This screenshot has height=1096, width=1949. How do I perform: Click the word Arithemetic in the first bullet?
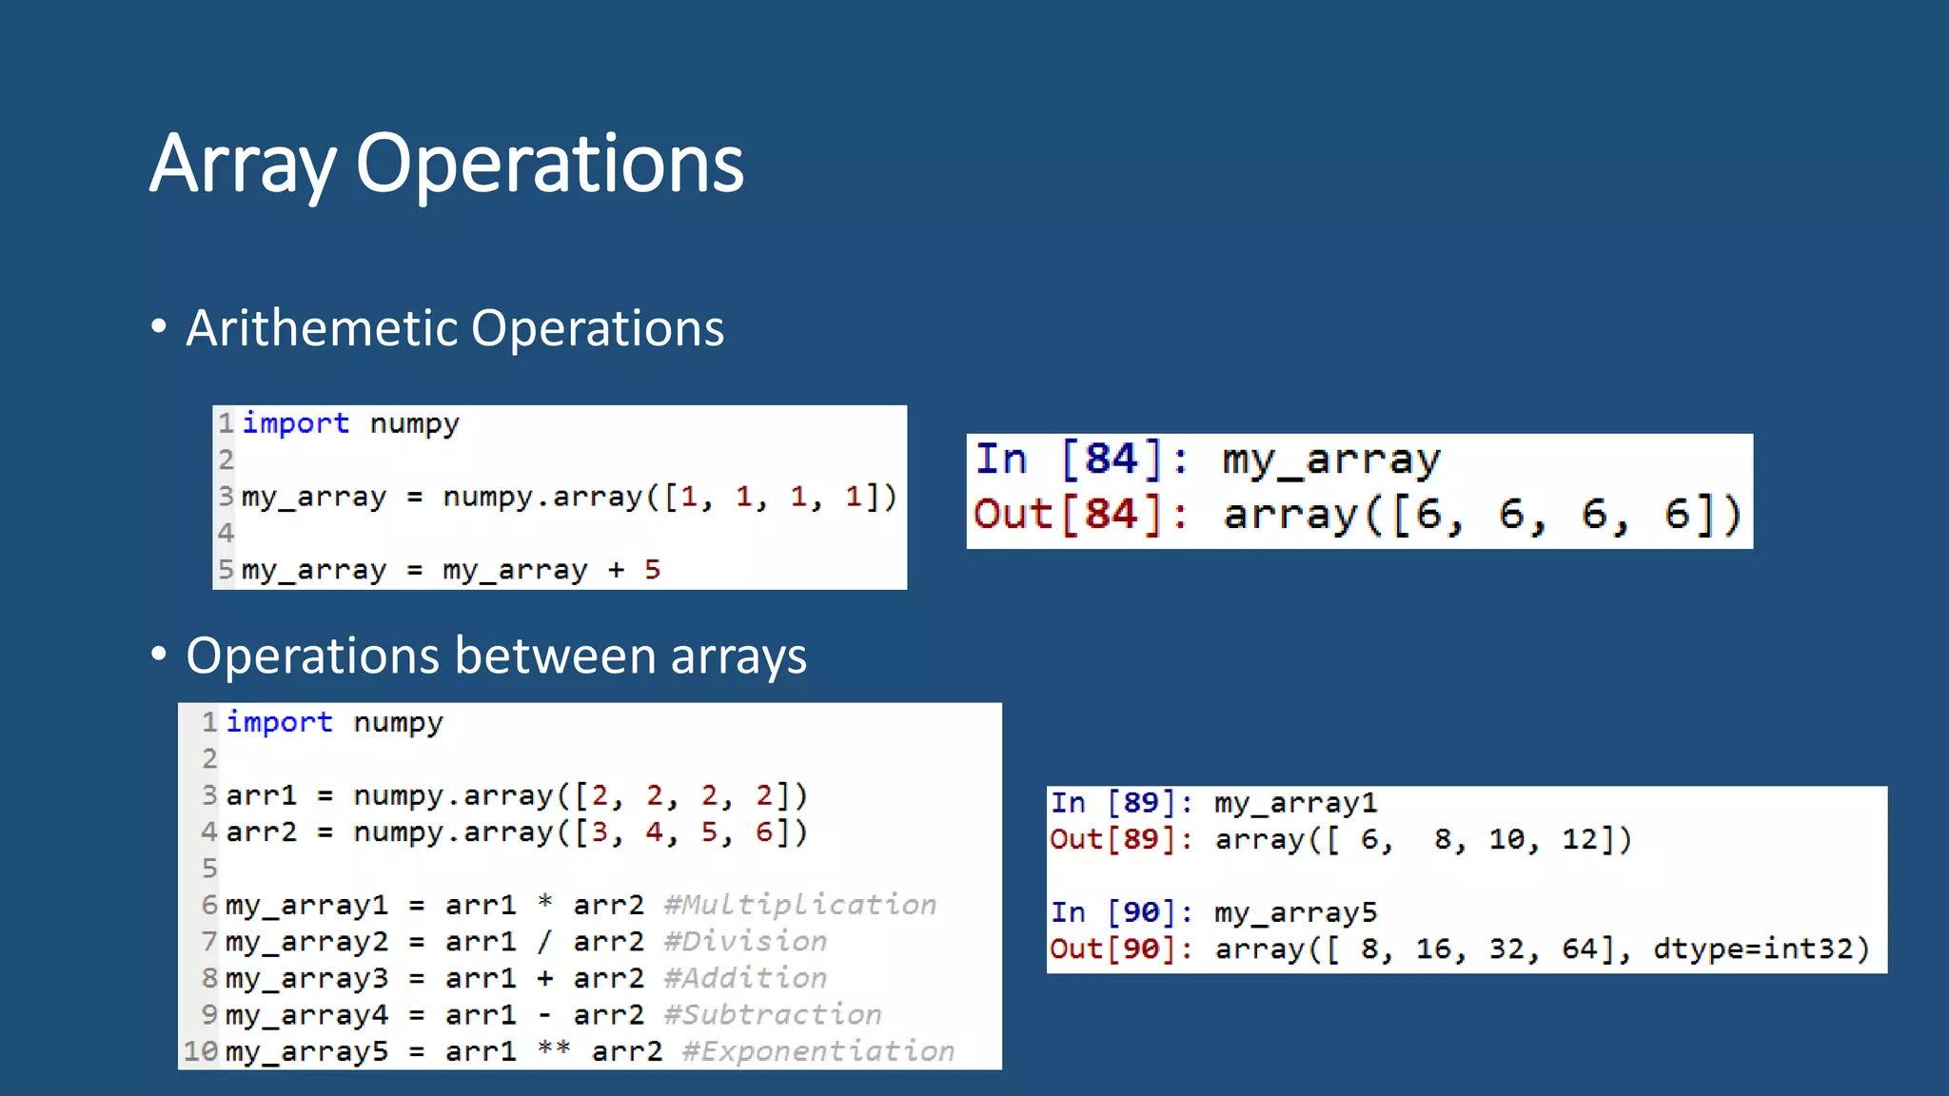coord(323,328)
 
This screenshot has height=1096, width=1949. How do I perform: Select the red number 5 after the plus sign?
coord(652,570)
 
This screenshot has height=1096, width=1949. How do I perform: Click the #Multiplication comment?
coord(799,905)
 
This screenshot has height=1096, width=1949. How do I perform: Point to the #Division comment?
coord(745,942)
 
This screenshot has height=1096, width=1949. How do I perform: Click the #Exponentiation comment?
coord(817,1051)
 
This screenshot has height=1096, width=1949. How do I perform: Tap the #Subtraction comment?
coord(772,1015)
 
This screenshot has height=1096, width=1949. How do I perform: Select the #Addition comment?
coord(745,978)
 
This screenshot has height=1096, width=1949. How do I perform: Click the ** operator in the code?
coord(553,1049)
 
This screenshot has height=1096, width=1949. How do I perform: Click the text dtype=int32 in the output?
coord(1761,949)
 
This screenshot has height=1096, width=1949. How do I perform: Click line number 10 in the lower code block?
coord(201,1051)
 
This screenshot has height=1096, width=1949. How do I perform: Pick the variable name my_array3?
coord(306,979)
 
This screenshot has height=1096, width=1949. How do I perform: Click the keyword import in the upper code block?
coord(295,423)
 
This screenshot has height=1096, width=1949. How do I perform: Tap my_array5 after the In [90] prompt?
coord(1295,913)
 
